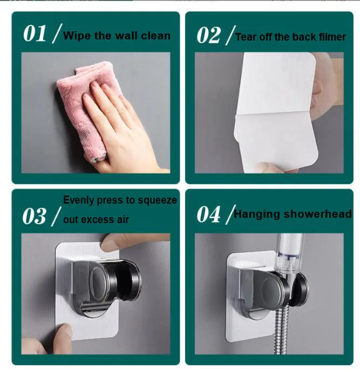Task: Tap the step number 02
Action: coord(209,35)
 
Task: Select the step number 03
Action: coord(35,216)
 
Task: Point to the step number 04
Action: coord(209,214)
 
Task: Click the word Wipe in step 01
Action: coord(76,36)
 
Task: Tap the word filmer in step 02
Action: coord(329,37)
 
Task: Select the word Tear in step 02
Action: coord(247,37)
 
